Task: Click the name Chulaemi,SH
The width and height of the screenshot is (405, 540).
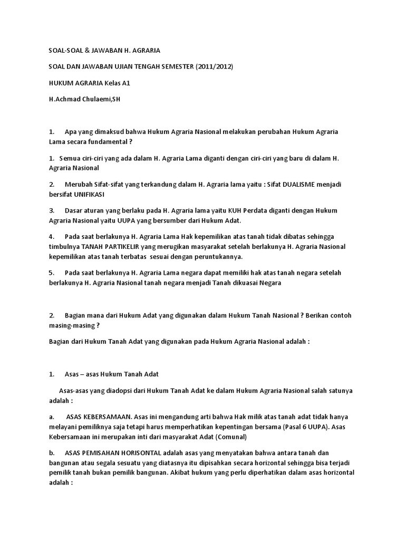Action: pos(100,99)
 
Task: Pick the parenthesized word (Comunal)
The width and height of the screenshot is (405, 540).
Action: pos(228,437)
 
